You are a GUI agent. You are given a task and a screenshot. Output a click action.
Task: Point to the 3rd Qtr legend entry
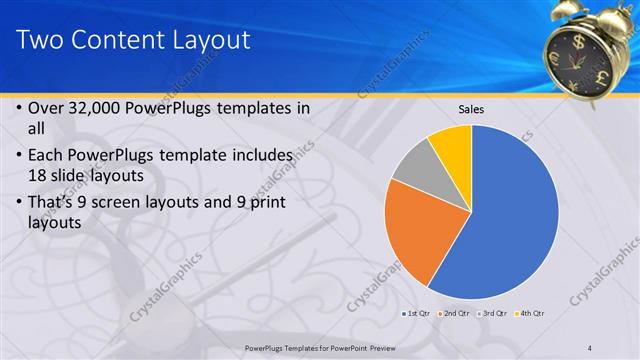click(492, 314)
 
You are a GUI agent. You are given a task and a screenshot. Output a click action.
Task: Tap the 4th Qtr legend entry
click(530, 314)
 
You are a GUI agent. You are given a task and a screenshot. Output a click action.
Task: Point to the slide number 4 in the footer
click(590, 347)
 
